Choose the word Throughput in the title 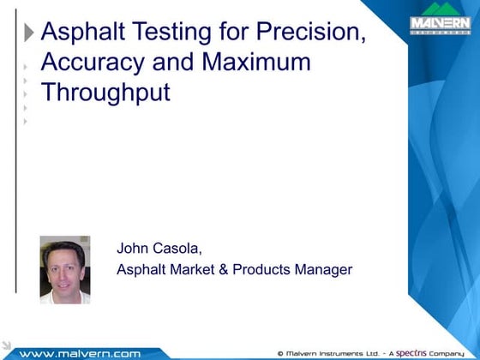[x=105, y=92]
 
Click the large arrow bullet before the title [x=30, y=33]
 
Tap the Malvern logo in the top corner [x=441, y=22]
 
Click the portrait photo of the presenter [x=65, y=269]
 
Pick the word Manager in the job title [x=323, y=270]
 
